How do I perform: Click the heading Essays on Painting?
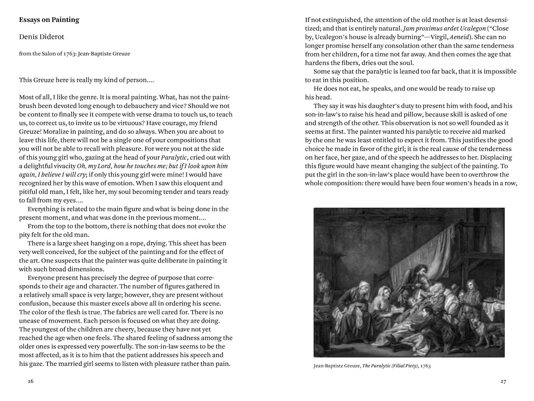point(49,20)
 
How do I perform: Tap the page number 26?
point(30,381)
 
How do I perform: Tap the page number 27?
point(503,381)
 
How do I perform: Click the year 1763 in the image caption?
point(423,366)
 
